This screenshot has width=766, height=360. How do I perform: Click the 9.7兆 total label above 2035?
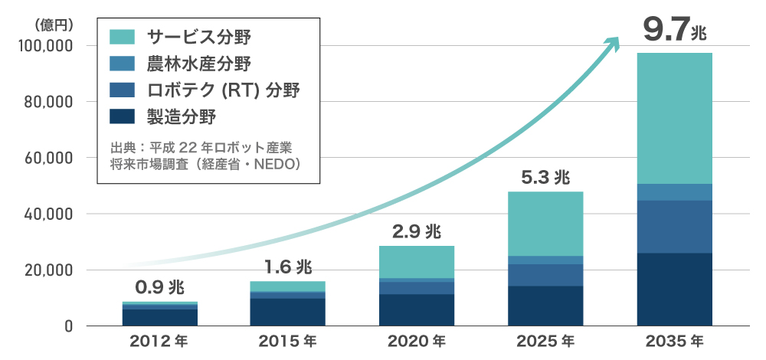point(675,31)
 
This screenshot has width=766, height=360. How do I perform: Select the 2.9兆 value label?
point(417,231)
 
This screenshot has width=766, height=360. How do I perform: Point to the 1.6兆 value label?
point(288,267)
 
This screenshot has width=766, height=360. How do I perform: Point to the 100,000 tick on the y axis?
point(44,46)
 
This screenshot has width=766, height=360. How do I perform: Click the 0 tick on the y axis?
point(68,326)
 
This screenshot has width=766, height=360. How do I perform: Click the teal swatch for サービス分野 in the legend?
point(123,36)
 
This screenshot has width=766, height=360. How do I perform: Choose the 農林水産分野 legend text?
point(198,63)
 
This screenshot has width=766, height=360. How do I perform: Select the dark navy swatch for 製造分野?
point(123,116)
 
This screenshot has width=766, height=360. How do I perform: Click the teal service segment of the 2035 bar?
point(675,119)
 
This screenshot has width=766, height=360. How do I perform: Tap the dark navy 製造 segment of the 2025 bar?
point(545,306)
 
